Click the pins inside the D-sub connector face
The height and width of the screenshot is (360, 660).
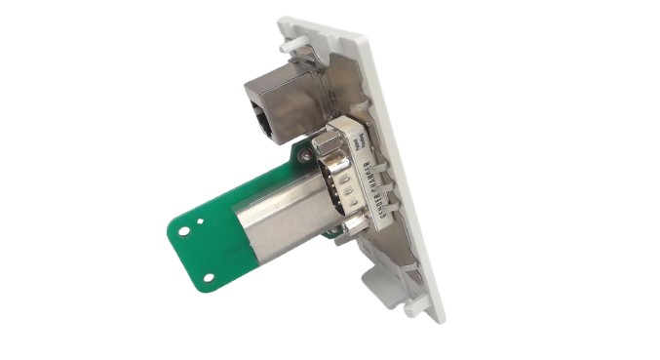pos(335,190)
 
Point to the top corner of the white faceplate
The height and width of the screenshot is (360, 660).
pos(292,20)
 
